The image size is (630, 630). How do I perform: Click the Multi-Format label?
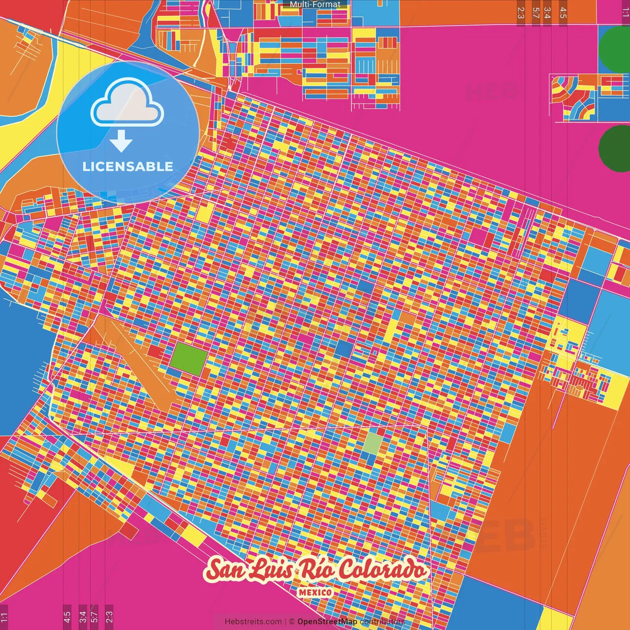pyautogui.click(x=315, y=4)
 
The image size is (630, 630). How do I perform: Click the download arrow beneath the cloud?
pyautogui.click(x=121, y=142)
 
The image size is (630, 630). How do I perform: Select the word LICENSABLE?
pyautogui.click(x=128, y=166)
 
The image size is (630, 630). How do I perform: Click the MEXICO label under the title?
pyautogui.click(x=315, y=593)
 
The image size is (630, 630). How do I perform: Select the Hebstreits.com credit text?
pyautogui.click(x=253, y=622)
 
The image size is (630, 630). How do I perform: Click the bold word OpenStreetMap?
pyautogui.click(x=327, y=622)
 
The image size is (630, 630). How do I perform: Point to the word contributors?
pyautogui.click(x=382, y=622)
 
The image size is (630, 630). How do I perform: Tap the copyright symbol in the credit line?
pyautogui.click(x=292, y=622)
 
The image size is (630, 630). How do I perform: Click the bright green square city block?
pyautogui.click(x=189, y=359)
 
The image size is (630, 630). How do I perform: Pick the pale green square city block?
pyautogui.click(x=373, y=442)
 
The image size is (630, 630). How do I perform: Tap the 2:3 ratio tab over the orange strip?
pyautogui.click(x=521, y=13)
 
